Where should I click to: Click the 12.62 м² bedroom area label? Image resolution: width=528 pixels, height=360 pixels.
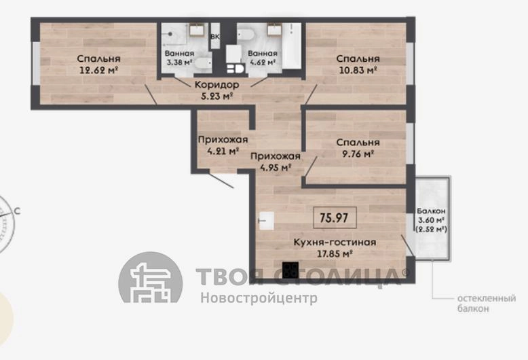point(98,70)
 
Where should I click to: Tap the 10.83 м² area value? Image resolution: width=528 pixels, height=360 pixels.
point(358,70)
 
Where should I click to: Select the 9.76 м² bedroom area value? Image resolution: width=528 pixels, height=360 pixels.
point(358,154)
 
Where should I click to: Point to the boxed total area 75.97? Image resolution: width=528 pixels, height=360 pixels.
point(334,218)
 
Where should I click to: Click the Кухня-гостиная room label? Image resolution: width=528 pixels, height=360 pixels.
point(335,242)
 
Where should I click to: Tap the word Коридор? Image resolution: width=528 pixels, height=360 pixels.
point(217,85)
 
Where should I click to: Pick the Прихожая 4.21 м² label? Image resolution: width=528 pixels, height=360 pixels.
point(223,145)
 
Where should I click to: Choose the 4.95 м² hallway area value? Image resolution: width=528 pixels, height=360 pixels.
point(276,167)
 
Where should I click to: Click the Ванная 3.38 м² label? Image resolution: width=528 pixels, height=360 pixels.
point(179,58)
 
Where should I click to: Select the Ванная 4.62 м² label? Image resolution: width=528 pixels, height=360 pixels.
point(263,58)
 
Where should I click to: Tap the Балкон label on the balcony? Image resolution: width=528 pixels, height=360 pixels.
point(431,211)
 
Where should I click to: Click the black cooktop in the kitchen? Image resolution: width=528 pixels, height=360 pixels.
point(290,270)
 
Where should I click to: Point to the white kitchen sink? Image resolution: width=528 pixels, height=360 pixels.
point(266,221)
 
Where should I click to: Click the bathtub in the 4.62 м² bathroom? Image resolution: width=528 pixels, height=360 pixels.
point(292,46)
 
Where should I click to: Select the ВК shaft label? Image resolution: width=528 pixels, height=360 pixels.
point(215,37)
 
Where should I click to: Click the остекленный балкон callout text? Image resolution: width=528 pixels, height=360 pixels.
point(486,304)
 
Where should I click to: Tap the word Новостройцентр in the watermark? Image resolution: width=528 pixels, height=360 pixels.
point(259,298)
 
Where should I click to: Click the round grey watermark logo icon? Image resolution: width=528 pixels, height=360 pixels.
point(151,277)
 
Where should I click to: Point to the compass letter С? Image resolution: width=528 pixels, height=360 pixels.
point(17,211)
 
